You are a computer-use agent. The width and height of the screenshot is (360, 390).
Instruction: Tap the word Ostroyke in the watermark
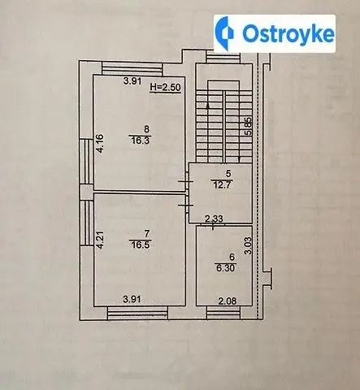click(x=288, y=34)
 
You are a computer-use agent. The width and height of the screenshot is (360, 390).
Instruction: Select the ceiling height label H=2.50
click(x=166, y=87)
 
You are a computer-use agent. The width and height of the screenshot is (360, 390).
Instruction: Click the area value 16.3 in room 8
click(x=140, y=141)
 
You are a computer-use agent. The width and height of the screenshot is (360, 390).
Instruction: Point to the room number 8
click(x=146, y=129)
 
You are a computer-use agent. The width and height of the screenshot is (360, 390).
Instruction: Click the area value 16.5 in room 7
click(x=140, y=245)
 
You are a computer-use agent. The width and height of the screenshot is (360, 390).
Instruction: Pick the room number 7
click(x=147, y=233)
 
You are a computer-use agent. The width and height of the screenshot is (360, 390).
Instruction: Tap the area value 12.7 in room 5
click(x=222, y=185)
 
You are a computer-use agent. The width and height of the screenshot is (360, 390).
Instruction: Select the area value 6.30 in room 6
click(x=225, y=268)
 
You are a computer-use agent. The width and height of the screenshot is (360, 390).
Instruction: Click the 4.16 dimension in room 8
click(x=100, y=144)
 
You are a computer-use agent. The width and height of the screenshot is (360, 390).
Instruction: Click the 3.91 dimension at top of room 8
click(x=132, y=81)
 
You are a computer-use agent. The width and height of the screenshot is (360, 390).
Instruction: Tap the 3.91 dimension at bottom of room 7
click(x=132, y=299)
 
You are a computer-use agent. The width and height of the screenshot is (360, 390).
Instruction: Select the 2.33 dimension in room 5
click(x=214, y=219)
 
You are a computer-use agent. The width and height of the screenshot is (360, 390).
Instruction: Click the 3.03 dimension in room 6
click(x=248, y=245)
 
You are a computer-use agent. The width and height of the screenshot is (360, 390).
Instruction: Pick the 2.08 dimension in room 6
click(x=228, y=301)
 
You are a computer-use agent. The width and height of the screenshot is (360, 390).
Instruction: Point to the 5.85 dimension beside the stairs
click(x=248, y=126)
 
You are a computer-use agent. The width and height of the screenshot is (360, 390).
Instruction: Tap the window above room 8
click(x=132, y=68)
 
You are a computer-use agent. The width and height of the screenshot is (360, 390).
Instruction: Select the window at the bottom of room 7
click(x=137, y=313)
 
